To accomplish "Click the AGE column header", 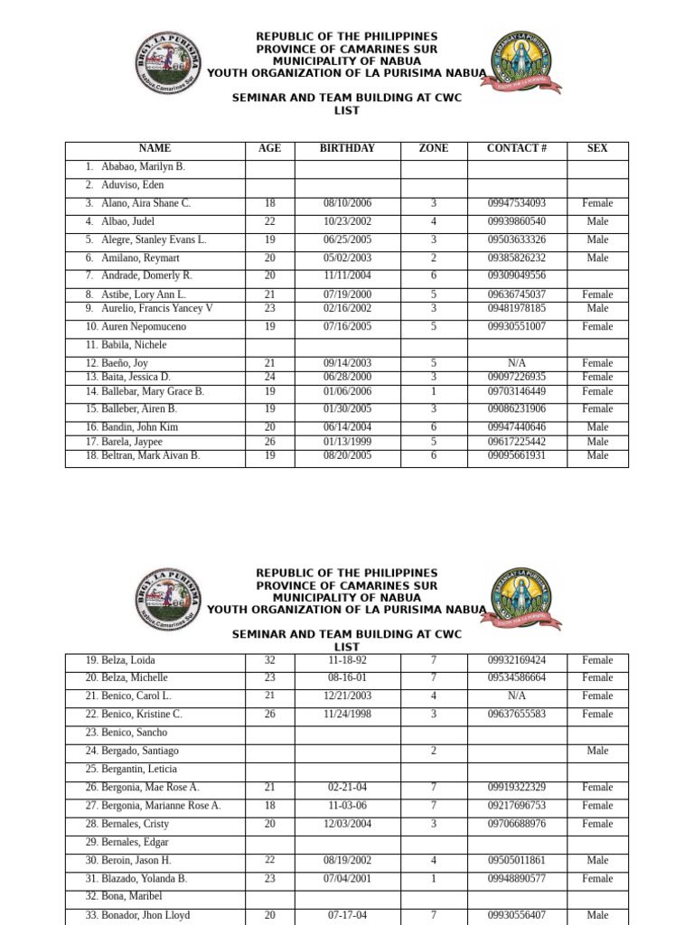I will pos(269,148).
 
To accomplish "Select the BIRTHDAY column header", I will pos(347,148).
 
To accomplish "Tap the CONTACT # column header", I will pos(516,148).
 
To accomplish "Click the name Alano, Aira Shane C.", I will pos(145,203).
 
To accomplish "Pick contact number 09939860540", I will pos(516,221).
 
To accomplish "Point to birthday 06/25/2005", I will pos(347,239).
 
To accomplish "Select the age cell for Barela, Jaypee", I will pos(269,442).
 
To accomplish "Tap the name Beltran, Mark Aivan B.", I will pos(150,455).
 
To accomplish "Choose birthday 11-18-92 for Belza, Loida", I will pos(347,660).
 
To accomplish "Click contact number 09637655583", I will pos(516,714).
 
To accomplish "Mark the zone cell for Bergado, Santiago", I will pos(434,751).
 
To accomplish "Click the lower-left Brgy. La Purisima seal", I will pos(168,599).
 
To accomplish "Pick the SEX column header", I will pos(597,148).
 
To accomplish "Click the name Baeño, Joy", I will pos(124,363).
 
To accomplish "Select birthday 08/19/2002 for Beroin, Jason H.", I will pos(347,860).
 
